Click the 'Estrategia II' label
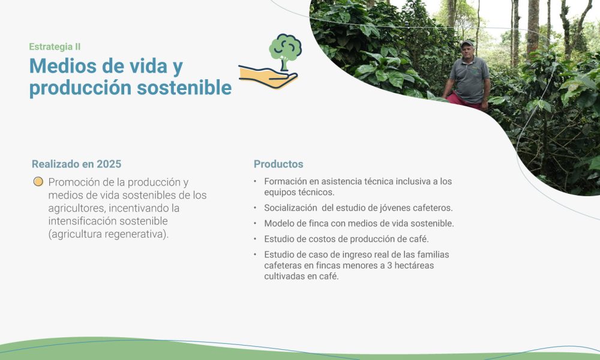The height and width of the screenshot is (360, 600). point(55,47)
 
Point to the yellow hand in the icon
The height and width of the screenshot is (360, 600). point(268,76)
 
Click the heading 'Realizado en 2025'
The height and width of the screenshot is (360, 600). point(76,164)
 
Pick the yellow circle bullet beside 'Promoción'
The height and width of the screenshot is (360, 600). point(38,182)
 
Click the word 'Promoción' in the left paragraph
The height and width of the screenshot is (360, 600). point(77,182)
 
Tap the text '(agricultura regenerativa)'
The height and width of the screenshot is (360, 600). point(109,234)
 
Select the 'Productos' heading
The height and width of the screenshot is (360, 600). point(278,164)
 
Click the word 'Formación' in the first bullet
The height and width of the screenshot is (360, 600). point(285,181)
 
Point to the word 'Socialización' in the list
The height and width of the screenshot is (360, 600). point(290,208)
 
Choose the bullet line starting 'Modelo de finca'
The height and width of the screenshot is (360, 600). point(359,223)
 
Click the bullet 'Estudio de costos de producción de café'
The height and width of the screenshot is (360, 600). point(346,239)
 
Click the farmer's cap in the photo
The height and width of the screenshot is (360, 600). point(467,44)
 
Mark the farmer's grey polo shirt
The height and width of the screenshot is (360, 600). point(470,79)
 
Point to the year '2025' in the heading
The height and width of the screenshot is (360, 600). point(109,164)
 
